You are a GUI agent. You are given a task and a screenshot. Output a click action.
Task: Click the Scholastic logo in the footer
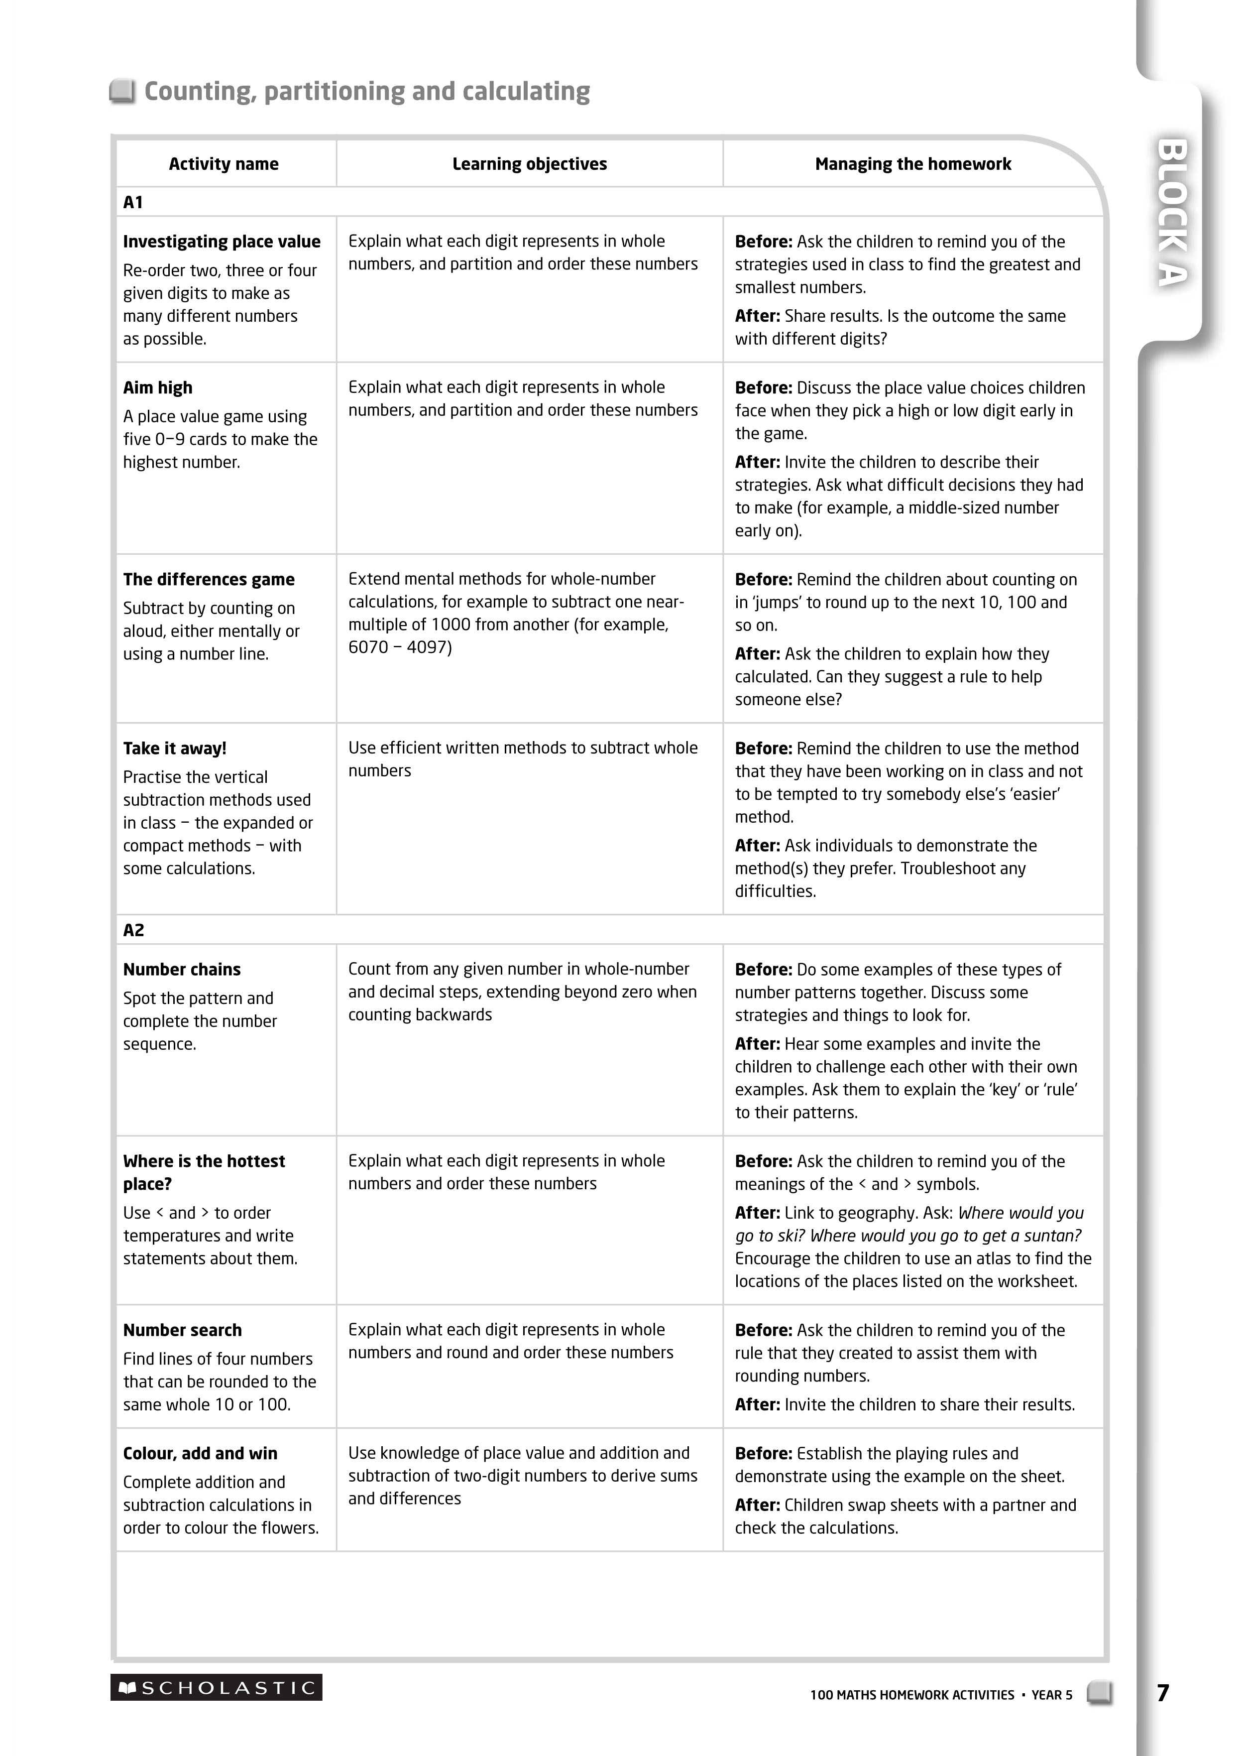pos(216,1687)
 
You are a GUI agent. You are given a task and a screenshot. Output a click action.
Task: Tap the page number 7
pos(1163,1692)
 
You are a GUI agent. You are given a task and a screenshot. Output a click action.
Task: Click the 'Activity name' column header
pos(224,164)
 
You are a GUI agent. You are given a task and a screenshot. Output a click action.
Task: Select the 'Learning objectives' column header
pos(529,164)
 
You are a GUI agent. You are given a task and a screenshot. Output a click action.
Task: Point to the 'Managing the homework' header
pos(912,164)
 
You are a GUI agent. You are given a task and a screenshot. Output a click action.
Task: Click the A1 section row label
pos(133,202)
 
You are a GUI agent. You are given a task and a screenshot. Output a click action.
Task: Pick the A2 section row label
pos(133,930)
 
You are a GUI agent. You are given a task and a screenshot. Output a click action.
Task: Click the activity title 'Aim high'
pos(158,387)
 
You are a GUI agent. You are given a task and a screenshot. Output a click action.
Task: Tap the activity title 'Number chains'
pos(182,969)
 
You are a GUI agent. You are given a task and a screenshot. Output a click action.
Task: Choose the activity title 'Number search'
pos(182,1330)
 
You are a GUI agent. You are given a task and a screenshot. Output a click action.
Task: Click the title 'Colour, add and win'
pos(200,1453)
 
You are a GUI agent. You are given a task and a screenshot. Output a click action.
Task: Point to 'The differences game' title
pos(209,579)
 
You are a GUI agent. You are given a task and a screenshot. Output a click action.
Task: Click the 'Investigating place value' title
pos(222,242)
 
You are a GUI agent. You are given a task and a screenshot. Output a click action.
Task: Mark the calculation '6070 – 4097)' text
pos(400,647)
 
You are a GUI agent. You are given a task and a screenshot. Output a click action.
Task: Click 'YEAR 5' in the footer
pos(1052,1695)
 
